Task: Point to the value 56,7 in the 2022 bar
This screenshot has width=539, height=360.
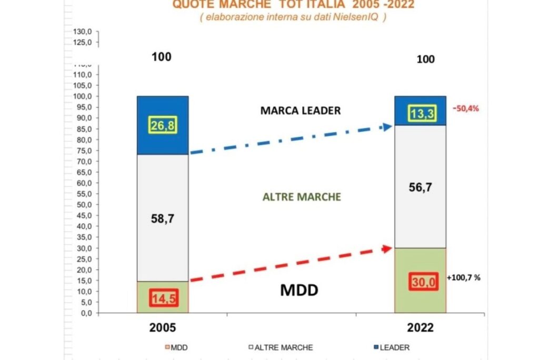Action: pos(420,187)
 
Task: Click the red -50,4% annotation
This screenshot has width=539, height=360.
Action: pos(465,109)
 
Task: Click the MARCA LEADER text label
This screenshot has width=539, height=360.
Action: pos(301,111)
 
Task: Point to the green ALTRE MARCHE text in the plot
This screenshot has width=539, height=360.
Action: pos(302,197)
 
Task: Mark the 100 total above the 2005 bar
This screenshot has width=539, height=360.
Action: pos(161,57)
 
